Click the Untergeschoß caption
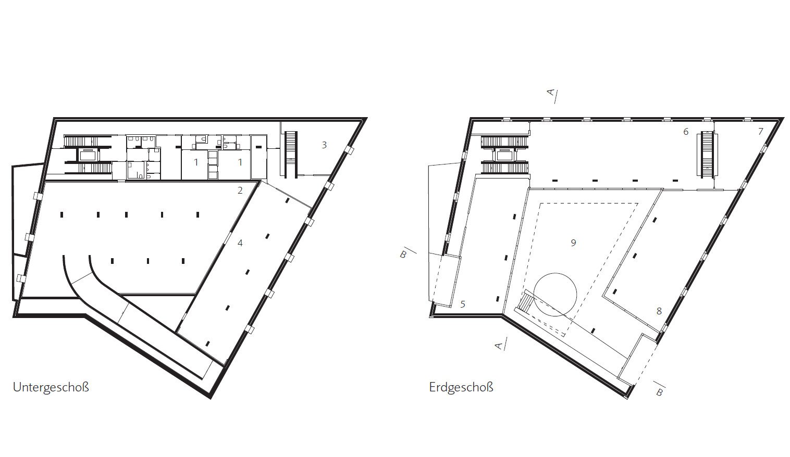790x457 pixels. point(51,387)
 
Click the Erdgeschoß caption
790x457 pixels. point(461,387)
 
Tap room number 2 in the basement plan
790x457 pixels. point(240,191)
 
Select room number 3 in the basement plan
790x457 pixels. point(324,145)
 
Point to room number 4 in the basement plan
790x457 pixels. point(240,243)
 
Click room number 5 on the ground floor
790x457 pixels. point(463,304)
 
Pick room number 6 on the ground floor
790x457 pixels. point(686,132)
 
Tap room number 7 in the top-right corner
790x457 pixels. point(761,132)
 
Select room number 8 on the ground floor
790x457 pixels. point(659,311)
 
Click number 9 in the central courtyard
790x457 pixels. point(573,243)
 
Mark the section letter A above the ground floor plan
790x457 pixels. point(550,92)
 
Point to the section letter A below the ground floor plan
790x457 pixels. point(498,346)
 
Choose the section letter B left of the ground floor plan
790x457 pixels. point(403,255)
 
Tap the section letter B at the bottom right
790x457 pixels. point(660,392)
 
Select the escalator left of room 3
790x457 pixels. point(291,154)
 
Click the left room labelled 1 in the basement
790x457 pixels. point(196,162)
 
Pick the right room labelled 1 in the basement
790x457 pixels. point(240,162)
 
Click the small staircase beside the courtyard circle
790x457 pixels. point(524,302)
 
